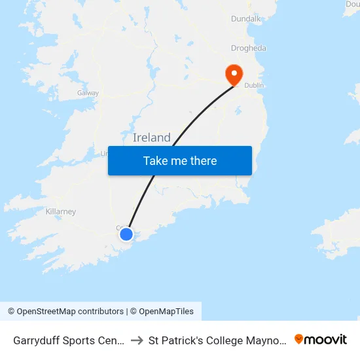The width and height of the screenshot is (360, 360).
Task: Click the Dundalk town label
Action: (246, 19)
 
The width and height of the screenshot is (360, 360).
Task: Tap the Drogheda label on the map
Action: (249, 48)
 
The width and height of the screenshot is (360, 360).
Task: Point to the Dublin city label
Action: (254, 85)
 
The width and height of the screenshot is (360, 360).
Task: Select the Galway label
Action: (88, 93)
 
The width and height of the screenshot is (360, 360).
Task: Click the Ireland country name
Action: (152, 137)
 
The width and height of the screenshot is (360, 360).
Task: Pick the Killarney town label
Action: (61, 211)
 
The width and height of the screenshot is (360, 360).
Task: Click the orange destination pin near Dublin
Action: (234, 74)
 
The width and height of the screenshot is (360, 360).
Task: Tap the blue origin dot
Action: (126, 234)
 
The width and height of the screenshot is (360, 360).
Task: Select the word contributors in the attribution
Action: (103, 312)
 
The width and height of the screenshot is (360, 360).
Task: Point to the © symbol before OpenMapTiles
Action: (134, 312)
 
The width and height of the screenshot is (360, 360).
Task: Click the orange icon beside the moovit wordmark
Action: (299, 339)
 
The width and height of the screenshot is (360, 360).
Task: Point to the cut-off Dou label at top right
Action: (352, 4)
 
